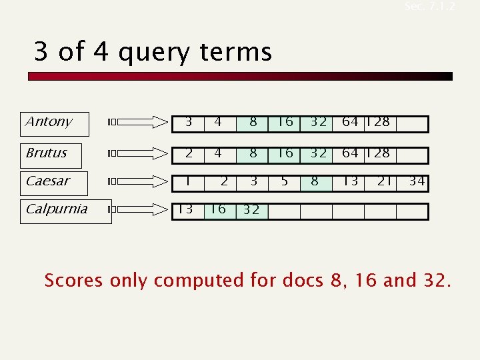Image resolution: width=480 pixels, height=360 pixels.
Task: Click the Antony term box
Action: click(55, 123)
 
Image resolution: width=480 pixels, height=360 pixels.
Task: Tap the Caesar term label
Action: click(47, 181)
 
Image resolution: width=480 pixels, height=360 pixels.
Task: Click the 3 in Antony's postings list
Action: click(189, 122)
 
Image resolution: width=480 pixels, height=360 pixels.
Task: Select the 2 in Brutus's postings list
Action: click(189, 153)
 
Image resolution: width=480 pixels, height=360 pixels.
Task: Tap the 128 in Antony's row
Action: click(379, 122)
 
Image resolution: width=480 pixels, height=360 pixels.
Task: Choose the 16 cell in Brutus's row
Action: click(285, 153)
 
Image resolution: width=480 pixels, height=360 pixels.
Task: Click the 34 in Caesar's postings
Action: click(417, 181)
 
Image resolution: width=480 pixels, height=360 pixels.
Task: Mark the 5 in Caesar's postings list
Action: click(285, 181)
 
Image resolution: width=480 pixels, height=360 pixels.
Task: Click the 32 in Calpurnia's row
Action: click(251, 210)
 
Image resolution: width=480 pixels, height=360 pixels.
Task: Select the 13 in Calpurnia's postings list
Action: click(185, 209)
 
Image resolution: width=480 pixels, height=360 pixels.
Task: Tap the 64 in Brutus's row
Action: click(350, 153)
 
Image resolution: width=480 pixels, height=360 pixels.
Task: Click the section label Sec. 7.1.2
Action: click(430, 7)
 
